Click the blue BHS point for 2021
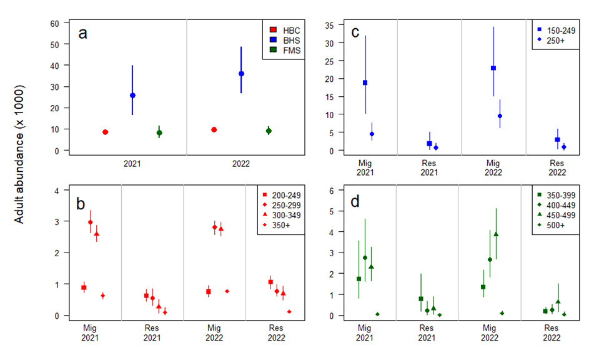pyautogui.click(x=132, y=96)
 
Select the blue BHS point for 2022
pyautogui.click(x=241, y=74)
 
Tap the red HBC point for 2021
pyautogui.click(x=106, y=132)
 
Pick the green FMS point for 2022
pyautogui.click(x=269, y=131)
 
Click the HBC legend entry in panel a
pyautogui.click(x=284, y=30)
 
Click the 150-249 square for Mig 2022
pyautogui.click(x=493, y=68)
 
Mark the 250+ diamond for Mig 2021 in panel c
pyautogui.click(x=372, y=134)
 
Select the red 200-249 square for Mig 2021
pyautogui.click(x=84, y=287)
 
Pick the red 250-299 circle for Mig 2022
pyautogui.click(x=214, y=227)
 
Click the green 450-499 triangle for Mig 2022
pyautogui.click(x=496, y=234)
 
